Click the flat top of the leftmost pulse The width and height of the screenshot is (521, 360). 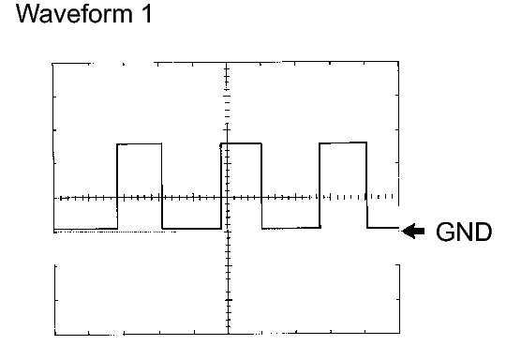point(140,144)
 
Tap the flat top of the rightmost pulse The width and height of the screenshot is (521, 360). point(343,142)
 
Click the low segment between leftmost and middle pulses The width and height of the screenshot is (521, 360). point(192,228)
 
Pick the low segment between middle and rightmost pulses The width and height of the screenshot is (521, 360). point(291,228)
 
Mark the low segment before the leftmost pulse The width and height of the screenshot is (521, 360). point(85,229)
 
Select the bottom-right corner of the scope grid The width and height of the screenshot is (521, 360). point(400,334)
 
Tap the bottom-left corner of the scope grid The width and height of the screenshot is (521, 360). point(54,334)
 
